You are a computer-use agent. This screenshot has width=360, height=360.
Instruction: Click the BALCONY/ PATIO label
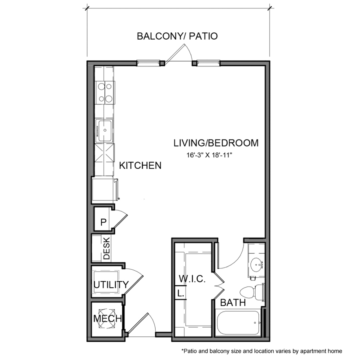(x=177, y=36)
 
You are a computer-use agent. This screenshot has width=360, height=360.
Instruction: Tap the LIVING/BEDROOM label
(x=216, y=143)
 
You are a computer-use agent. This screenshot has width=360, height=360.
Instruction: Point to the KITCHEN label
(x=141, y=165)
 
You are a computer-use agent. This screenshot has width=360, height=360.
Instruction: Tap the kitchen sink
(x=104, y=130)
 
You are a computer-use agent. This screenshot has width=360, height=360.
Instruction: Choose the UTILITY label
(x=111, y=285)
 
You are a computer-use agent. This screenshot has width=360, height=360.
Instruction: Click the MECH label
(x=107, y=319)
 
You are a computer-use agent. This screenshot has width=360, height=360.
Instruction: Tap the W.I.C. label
(x=192, y=279)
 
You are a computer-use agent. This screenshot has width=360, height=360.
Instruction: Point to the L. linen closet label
(x=180, y=293)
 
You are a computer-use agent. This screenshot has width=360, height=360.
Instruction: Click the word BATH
(x=233, y=303)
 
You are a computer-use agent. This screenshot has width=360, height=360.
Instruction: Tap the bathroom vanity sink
(x=256, y=264)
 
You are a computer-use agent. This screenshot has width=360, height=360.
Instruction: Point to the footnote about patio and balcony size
(x=262, y=351)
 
